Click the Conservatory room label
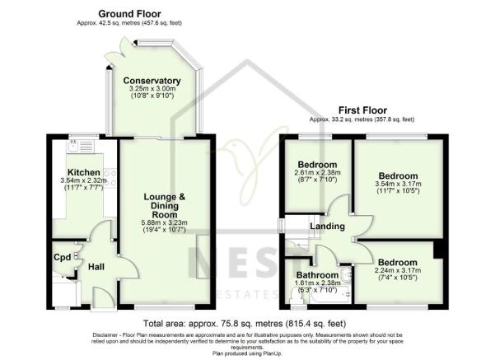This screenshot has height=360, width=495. tap(152, 81)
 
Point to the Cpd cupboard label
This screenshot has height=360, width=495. tap(63, 255)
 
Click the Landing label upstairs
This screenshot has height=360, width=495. tap(326, 227)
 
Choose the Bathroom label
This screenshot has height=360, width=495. tap(317, 274)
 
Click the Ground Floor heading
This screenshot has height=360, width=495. tap(130, 14)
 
